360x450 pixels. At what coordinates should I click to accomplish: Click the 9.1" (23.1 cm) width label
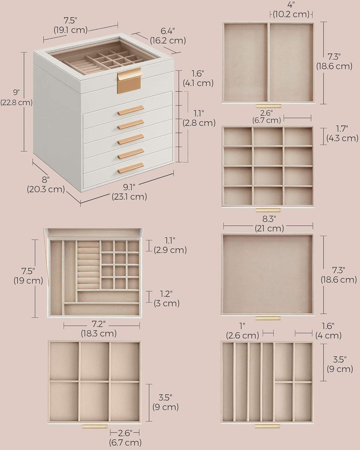tap(129, 192)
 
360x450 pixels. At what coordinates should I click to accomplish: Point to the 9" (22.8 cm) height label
tap(16, 97)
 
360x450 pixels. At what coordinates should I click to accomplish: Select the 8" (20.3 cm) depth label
tap(46, 184)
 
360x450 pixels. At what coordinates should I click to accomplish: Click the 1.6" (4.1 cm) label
tap(198, 78)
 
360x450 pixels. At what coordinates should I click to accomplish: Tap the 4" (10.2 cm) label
tap(291, 10)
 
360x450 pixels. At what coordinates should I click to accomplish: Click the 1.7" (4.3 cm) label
tap(342, 133)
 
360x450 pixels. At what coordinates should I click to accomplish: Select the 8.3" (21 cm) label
tap(269, 224)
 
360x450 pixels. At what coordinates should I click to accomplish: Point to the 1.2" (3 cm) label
tap(167, 298)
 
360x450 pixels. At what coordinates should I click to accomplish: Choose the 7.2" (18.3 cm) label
tap(99, 328)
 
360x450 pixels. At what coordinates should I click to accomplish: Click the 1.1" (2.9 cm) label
tap(170, 245)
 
